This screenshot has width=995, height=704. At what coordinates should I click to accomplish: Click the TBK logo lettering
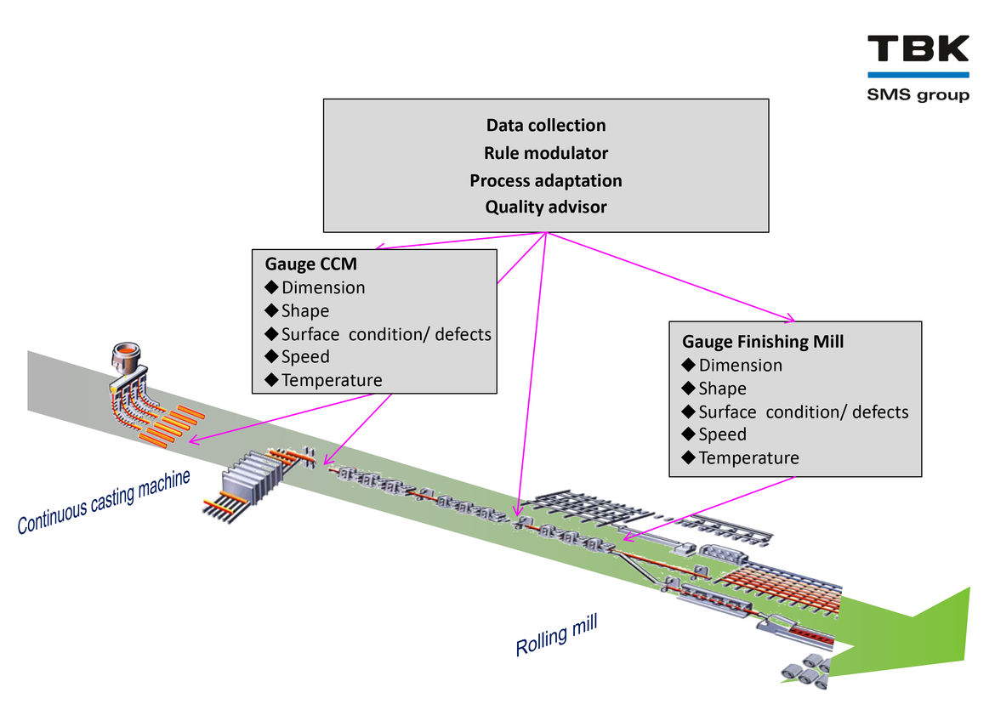pos(918,48)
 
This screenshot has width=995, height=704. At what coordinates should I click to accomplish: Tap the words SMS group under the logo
pos(918,94)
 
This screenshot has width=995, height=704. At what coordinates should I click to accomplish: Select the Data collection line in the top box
pos(546,126)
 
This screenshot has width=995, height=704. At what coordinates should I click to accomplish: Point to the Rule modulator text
pos(546,153)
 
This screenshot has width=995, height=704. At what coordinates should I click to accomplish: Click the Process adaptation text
pos(546,180)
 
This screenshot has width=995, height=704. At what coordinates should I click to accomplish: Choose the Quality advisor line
pos(546,207)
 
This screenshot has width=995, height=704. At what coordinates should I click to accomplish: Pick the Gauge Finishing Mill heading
pos(763,342)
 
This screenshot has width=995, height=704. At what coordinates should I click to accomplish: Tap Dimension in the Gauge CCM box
pos(323,287)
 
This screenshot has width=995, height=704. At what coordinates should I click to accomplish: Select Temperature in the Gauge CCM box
pos(332,380)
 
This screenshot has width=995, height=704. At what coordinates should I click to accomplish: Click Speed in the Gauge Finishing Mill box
pos(722,434)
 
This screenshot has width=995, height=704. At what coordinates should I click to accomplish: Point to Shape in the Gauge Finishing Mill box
pos(722,389)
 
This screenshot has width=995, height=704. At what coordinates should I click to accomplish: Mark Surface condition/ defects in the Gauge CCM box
pos(386,334)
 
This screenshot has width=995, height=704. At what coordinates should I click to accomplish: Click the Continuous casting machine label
pos(103,502)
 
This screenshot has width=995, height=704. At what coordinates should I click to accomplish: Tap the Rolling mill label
pos(556,636)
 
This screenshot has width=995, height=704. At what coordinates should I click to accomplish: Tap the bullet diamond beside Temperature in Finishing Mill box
pos(689,458)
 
